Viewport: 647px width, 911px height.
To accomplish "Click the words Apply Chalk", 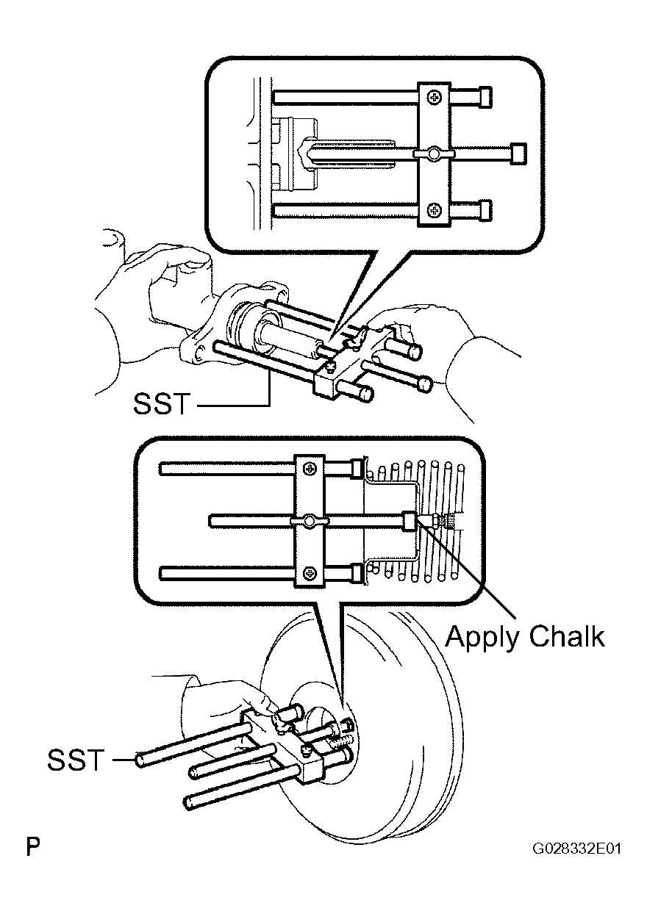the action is pyautogui.click(x=525, y=636).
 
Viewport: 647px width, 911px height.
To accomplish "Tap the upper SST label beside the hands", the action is pyautogui.click(x=162, y=404).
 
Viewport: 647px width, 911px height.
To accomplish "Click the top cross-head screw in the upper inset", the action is pyautogui.click(x=435, y=97).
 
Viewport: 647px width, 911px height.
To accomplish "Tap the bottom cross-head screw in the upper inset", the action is pyautogui.click(x=435, y=210).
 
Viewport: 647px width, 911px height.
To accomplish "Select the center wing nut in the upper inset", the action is pyautogui.click(x=434, y=154).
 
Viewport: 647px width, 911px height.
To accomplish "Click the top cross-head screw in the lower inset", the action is pyautogui.click(x=310, y=469).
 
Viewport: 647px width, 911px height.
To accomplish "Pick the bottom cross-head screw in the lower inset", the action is pyautogui.click(x=310, y=573).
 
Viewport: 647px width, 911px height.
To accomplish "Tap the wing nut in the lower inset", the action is pyautogui.click(x=310, y=521).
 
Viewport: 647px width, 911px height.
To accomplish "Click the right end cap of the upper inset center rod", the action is pyautogui.click(x=518, y=154).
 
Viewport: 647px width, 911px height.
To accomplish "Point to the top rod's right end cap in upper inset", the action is pyautogui.click(x=486, y=97).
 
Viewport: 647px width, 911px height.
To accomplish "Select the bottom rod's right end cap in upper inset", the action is pyautogui.click(x=486, y=210).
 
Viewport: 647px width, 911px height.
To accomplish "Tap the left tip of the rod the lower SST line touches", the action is pyautogui.click(x=140, y=760).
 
